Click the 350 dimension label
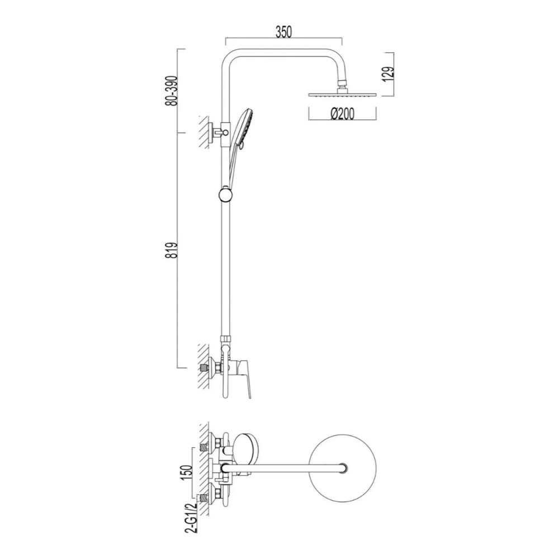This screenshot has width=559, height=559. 284,32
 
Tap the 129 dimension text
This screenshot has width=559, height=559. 389,74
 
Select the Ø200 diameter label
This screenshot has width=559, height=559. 342,113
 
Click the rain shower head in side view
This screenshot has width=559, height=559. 342,93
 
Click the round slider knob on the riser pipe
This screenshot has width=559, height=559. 225,195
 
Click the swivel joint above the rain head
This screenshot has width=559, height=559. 342,85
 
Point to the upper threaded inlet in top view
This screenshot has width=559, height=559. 204,447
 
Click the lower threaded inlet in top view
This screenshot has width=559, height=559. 204,498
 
